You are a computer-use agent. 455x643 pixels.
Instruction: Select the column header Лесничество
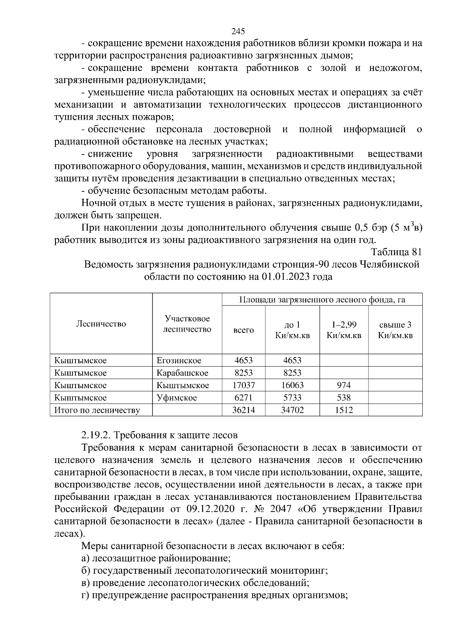pyautogui.click(x=101, y=324)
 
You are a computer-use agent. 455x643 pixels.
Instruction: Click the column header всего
pyautogui.click(x=243, y=330)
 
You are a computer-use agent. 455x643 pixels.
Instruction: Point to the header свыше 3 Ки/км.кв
pyautogui.click(x=395, y=330)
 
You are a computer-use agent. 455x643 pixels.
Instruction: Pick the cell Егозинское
pyautogui.click(x=179, y=361)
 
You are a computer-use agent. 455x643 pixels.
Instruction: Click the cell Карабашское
pyautogui.click(x=182, y=373)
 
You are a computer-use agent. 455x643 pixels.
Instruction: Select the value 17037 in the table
pyautogui.click(x=243, y=385)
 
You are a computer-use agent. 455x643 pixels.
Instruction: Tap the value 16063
pyautogui.click(x=292, y=385)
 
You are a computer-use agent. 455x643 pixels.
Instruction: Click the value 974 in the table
pyautogui.click(x=344, y=385)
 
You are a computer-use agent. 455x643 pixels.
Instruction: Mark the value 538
pyautogui.click(x=344, y=398)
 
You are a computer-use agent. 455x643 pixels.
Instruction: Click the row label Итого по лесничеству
pyautogui.click(x=97, y=410)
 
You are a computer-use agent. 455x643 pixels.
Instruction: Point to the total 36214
pyautogui.click(x=243, y=410)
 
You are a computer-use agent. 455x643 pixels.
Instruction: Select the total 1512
pyautogui.click(x=344, y=410)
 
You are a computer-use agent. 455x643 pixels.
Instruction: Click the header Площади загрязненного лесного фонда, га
pyautogui.click(x=322, y=300)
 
